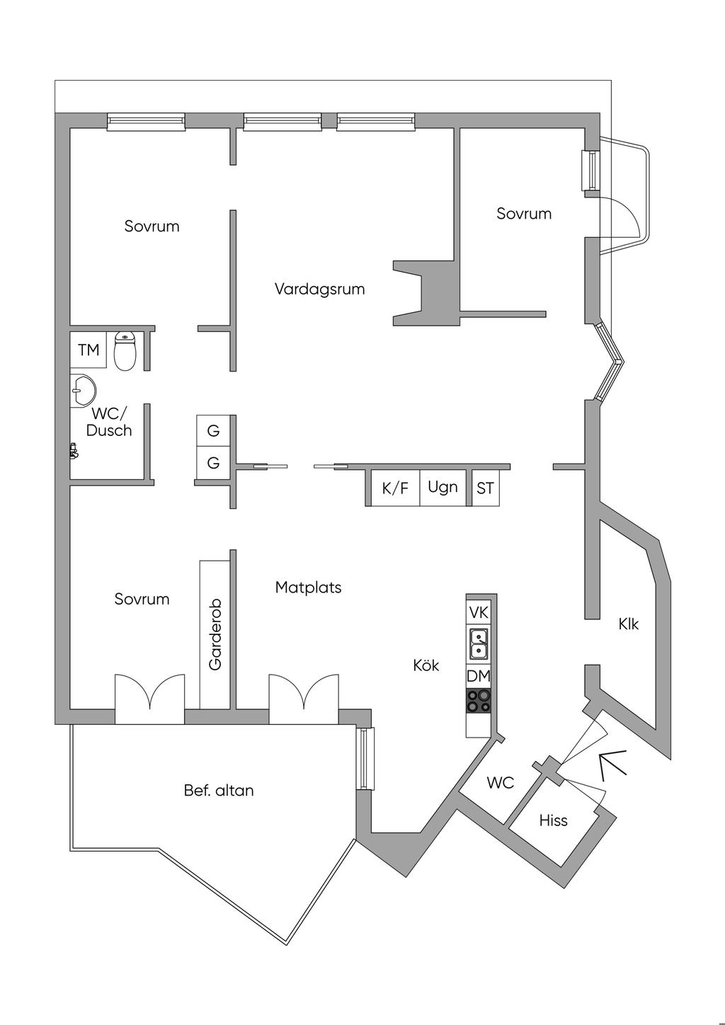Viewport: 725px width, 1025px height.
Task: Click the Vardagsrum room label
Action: click(319, 290)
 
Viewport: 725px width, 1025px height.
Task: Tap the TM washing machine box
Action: click(89, 350)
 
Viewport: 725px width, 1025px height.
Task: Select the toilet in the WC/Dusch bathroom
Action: click(125, 350)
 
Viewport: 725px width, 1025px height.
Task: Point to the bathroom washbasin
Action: click(83, 391)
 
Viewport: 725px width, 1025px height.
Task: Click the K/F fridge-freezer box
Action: click(395, 488)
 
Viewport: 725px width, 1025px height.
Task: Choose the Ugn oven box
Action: click(443, 487)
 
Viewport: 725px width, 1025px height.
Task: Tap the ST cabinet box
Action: click(485, 488)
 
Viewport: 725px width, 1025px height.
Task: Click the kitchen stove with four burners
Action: click(479, 701)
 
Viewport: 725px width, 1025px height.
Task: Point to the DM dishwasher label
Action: click(479, 676)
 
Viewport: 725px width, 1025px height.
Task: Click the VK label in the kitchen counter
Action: click(479, 612)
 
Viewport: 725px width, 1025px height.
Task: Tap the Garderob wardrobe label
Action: click(215, 634)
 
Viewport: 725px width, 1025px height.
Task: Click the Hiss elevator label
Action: click(554, 820)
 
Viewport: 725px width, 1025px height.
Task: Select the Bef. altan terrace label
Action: click(219, 790)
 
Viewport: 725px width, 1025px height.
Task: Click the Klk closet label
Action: click(629, 624)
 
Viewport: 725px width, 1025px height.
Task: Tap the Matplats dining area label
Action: click(308, 587)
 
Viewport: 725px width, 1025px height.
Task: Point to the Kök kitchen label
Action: click(426, 665)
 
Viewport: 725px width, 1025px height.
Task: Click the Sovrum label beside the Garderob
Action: click(142, 599)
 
